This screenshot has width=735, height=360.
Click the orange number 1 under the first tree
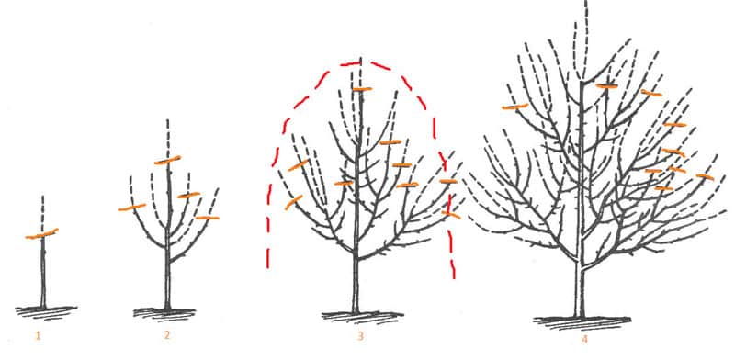(x=38, y=335)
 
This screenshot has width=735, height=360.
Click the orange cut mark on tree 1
(x=41, y=235)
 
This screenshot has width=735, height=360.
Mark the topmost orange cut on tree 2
(x=167, y=161)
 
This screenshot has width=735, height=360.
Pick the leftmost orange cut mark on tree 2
(x=131, y=208)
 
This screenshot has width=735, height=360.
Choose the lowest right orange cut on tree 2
(x=208, y=218)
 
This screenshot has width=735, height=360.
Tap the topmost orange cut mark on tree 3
(x=361, y=89)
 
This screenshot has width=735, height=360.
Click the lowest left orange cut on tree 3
(x=294, y=202)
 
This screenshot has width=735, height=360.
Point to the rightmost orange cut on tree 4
(x=705, y=175)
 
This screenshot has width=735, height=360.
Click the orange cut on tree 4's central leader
(x=605, y=85)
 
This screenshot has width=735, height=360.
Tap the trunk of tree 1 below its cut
(x=43, y=276)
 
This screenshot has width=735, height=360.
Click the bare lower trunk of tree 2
(x=167, y=285)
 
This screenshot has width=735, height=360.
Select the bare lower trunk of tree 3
(x=356, y=285)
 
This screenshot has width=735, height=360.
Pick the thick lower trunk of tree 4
(x=579, y=289)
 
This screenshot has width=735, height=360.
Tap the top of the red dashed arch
(x=354, y=63)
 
